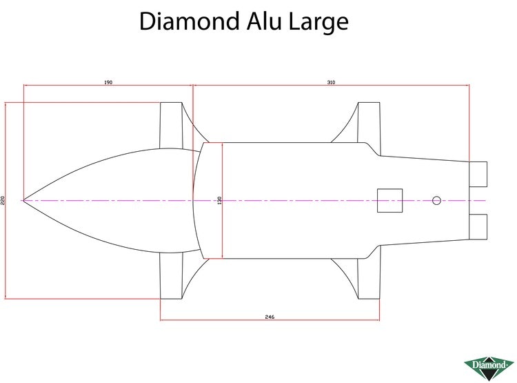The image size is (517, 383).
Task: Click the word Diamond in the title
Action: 190,21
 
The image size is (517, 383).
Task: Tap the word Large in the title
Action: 318,23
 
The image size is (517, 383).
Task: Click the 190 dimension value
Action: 108,82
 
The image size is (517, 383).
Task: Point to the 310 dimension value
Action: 331,82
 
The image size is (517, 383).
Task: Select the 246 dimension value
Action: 270,317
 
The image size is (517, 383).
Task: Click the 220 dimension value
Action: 3,200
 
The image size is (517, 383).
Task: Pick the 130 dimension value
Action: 220,200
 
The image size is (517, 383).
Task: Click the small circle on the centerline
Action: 436,200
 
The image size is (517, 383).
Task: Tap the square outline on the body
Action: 389,200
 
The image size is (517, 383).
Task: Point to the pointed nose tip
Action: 23,200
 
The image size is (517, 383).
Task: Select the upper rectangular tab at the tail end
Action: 478,174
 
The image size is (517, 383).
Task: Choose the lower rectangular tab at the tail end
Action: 478,227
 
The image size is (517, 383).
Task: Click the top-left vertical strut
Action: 171,126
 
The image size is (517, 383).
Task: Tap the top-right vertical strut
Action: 369,122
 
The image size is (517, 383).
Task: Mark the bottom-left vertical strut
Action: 171,275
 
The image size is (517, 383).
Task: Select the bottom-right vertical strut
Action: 369,279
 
